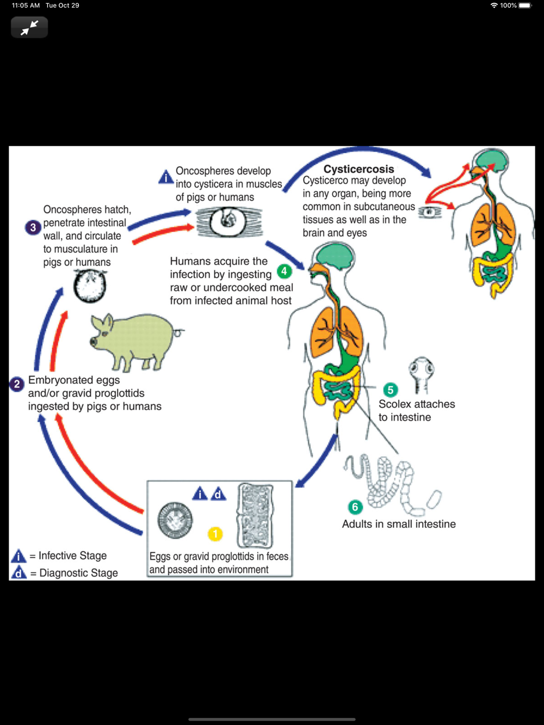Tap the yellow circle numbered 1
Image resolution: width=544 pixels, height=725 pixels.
coord(215,534)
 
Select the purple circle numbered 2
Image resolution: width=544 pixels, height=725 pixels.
coord(17,384)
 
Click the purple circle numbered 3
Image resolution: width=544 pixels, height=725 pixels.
coord(33,227)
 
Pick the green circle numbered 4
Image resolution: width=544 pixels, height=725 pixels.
coord(284,271)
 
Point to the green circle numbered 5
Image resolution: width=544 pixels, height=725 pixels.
coord(390,390)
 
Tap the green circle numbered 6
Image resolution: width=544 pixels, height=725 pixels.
coord(355,507)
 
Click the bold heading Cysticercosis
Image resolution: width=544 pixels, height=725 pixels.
coord(358,169)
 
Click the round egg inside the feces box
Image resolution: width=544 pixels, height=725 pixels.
coord(175,520)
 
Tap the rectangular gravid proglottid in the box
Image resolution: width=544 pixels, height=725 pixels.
coord(255,515)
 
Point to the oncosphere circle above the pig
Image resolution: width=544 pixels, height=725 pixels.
coord(90,286)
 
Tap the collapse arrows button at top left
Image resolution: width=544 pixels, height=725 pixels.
coord(29,27)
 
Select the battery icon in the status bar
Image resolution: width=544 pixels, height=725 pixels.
coord(525,5)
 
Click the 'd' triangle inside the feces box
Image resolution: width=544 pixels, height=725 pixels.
coord(218,493)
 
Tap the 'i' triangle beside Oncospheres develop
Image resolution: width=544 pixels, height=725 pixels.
coord(166,177)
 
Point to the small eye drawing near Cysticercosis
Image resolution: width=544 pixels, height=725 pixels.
coord(430,211)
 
